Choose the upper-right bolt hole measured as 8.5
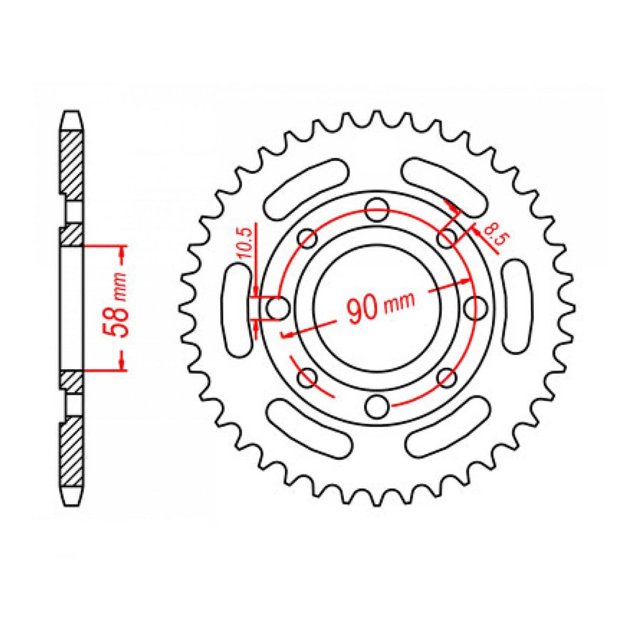[x=447, y=237]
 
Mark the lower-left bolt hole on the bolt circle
[x=306, y=377]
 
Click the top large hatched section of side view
[x=70, y=163]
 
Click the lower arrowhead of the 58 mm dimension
[x=121, y=363]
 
